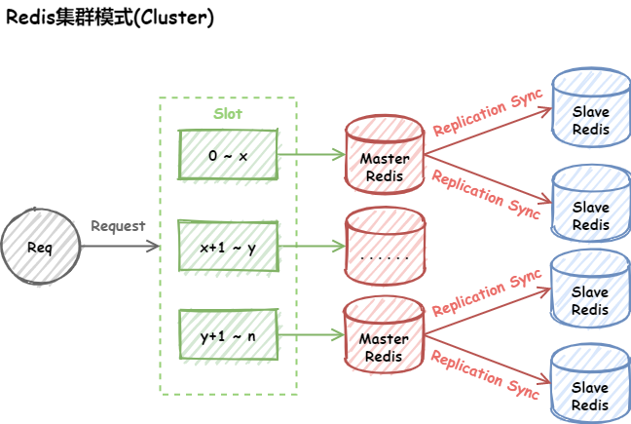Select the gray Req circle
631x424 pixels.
[40, 247]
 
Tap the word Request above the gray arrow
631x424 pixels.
[118, 226]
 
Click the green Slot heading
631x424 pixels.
[228, 113]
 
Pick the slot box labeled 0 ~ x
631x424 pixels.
[228, 155]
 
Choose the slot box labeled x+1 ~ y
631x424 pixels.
[228, 248]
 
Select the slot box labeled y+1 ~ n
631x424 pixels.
[228, 336]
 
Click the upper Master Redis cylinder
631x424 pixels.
[385, 156]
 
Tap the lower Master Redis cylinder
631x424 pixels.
[385, 339]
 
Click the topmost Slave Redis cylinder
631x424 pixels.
[590, 109]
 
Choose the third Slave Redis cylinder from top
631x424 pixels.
[590, 290]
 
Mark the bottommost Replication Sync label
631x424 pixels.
[485, 375]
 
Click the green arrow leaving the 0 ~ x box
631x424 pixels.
[311, 155]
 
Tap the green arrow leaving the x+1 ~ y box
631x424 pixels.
[311, 248]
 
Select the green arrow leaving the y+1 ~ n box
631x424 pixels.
[311, 337]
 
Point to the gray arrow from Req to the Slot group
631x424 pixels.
[119, 247]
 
